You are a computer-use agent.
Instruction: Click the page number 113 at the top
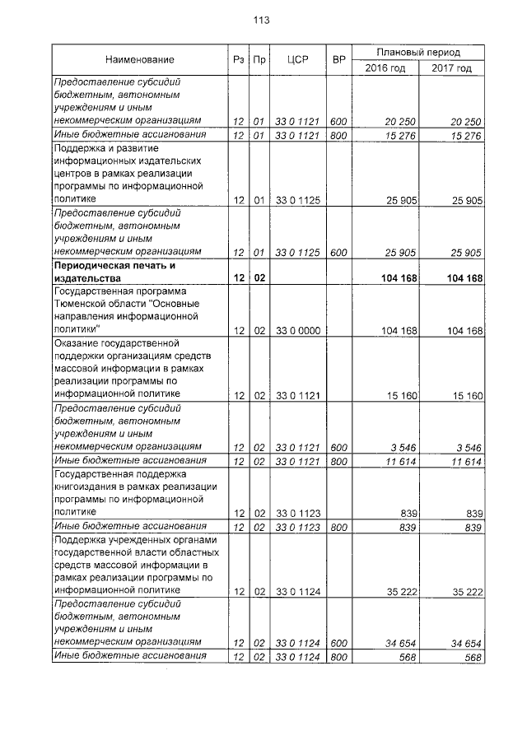click(x=263, y=20)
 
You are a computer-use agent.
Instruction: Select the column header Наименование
click(x=139, y=60)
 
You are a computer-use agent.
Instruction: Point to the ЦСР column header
click(x=296, y=60)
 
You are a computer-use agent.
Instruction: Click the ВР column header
click(x=338, y=60)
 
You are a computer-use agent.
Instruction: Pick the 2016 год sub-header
click(x=385, y=68)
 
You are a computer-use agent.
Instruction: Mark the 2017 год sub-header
click(x=451, y=68)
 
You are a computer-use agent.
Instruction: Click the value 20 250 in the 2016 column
click(x=400, y=122)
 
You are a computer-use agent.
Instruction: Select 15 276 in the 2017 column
click(x=466, y=135)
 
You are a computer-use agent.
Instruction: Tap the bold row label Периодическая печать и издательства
click(x=114, y=272)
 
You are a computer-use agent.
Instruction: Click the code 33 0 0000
click(x=296, y=330)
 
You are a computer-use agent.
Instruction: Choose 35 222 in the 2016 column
click(x=400, y=590)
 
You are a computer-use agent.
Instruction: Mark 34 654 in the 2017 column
click(x=466, y=641)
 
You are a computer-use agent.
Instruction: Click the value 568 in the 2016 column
click(x=408, y=655)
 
